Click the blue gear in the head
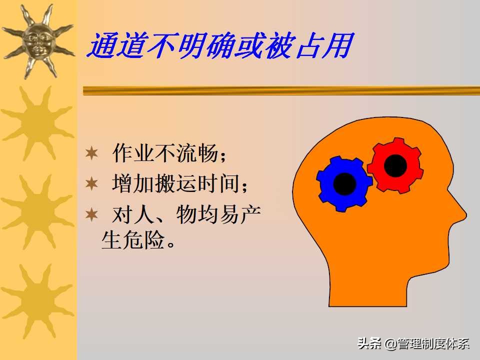(x=344, y=183)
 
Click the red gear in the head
(x=395, y=165)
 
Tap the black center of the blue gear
(x=344, y=183)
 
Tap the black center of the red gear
(x=395, y=165)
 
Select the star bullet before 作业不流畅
(x=91, y=153)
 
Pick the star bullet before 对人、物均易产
(x=91, y=215)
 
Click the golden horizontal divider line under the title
(x=280, y=90)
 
